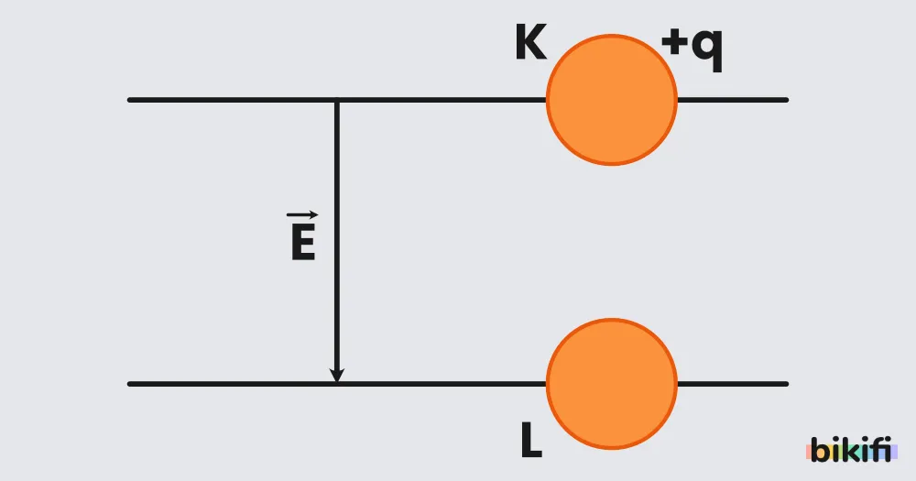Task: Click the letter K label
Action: tap(531, 42)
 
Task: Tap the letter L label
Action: tap(531, 440)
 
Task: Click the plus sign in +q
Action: tap(674, 43)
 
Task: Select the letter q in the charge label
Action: tap(706, 49)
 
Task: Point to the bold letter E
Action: tap(303, 242)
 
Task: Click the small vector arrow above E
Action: tap(302, 215)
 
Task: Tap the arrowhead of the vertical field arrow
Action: tap(336, 375)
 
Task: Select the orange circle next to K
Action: tap(612, 100)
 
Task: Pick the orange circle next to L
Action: tap(612, 384)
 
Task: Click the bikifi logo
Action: tap(852, 449)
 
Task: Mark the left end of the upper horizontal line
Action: tap(130, 100)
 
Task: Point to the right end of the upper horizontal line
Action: tap(786, 100)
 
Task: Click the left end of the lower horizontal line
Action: tap(130, 384)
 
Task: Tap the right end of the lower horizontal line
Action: tap(786, 384)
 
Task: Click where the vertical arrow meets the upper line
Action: tap(336, 101)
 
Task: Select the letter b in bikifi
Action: tap(820, 450)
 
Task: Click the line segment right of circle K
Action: tap(733, 100)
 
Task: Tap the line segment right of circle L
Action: tap(733, 384)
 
